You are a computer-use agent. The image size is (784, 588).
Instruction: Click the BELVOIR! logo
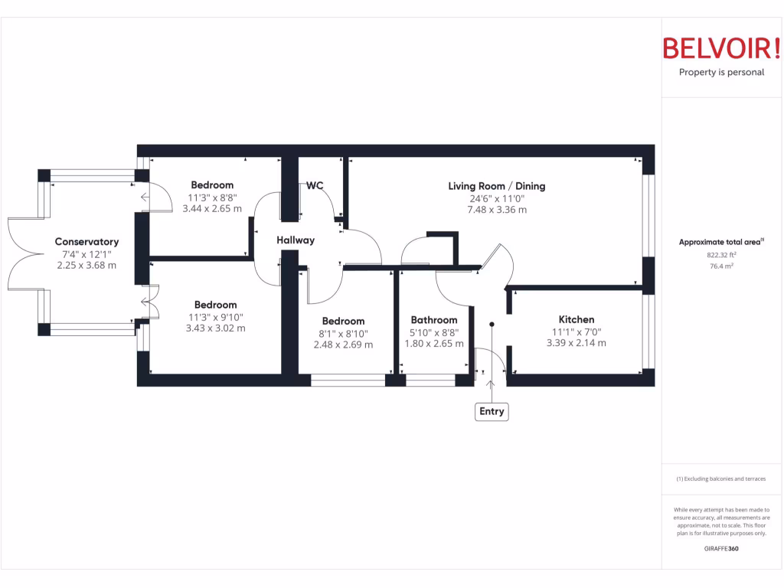tap(721, 48)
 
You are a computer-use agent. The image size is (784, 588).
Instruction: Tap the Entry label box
tap(492, 412)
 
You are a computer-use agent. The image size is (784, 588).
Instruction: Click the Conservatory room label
tap(87, 242)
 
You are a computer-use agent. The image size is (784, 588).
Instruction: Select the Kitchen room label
tap(576, 319)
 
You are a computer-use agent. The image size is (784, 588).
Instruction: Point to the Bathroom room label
tap(434, 320)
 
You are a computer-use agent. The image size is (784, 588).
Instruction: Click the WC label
tap(315, 186)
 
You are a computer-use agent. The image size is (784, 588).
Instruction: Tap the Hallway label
tap(296, 240)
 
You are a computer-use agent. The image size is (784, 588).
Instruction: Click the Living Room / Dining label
tap(497, 186)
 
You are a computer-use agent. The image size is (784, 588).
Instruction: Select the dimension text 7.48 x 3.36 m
tap(497, 210)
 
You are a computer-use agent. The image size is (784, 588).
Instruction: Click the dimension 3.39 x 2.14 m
tap(576, 343)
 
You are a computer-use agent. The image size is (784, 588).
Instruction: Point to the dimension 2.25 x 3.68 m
tap(87, 266)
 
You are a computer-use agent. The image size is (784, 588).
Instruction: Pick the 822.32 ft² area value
tap(721, 255)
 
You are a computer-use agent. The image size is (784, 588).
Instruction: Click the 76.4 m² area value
tap(721, 266)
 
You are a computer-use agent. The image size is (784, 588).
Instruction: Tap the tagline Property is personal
tap(721, 73)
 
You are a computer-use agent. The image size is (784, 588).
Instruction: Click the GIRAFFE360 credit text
tap(721, 548)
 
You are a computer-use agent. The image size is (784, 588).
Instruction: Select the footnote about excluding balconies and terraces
tap(721, 479)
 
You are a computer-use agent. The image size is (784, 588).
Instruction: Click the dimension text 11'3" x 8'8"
tap(212, 197)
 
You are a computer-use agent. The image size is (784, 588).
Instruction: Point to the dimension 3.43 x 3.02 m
tap(215, 328)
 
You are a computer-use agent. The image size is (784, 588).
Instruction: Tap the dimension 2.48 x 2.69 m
tap(343, 345)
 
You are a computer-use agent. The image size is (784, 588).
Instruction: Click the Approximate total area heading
tap(721, 242)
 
